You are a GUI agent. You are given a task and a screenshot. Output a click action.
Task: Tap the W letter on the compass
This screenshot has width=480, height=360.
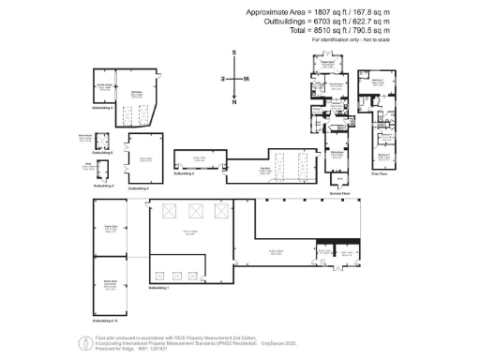click(x=246, y=79)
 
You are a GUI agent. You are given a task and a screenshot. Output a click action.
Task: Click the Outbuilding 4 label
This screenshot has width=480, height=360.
click(x=139, y=188)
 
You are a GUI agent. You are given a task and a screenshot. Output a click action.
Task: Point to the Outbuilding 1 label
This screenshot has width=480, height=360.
click(x=161, y=288)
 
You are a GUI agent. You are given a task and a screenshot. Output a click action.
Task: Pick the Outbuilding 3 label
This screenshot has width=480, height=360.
click(x=103, y=186)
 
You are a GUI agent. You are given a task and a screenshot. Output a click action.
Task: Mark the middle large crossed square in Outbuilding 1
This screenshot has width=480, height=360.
click(x=195, y=210)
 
